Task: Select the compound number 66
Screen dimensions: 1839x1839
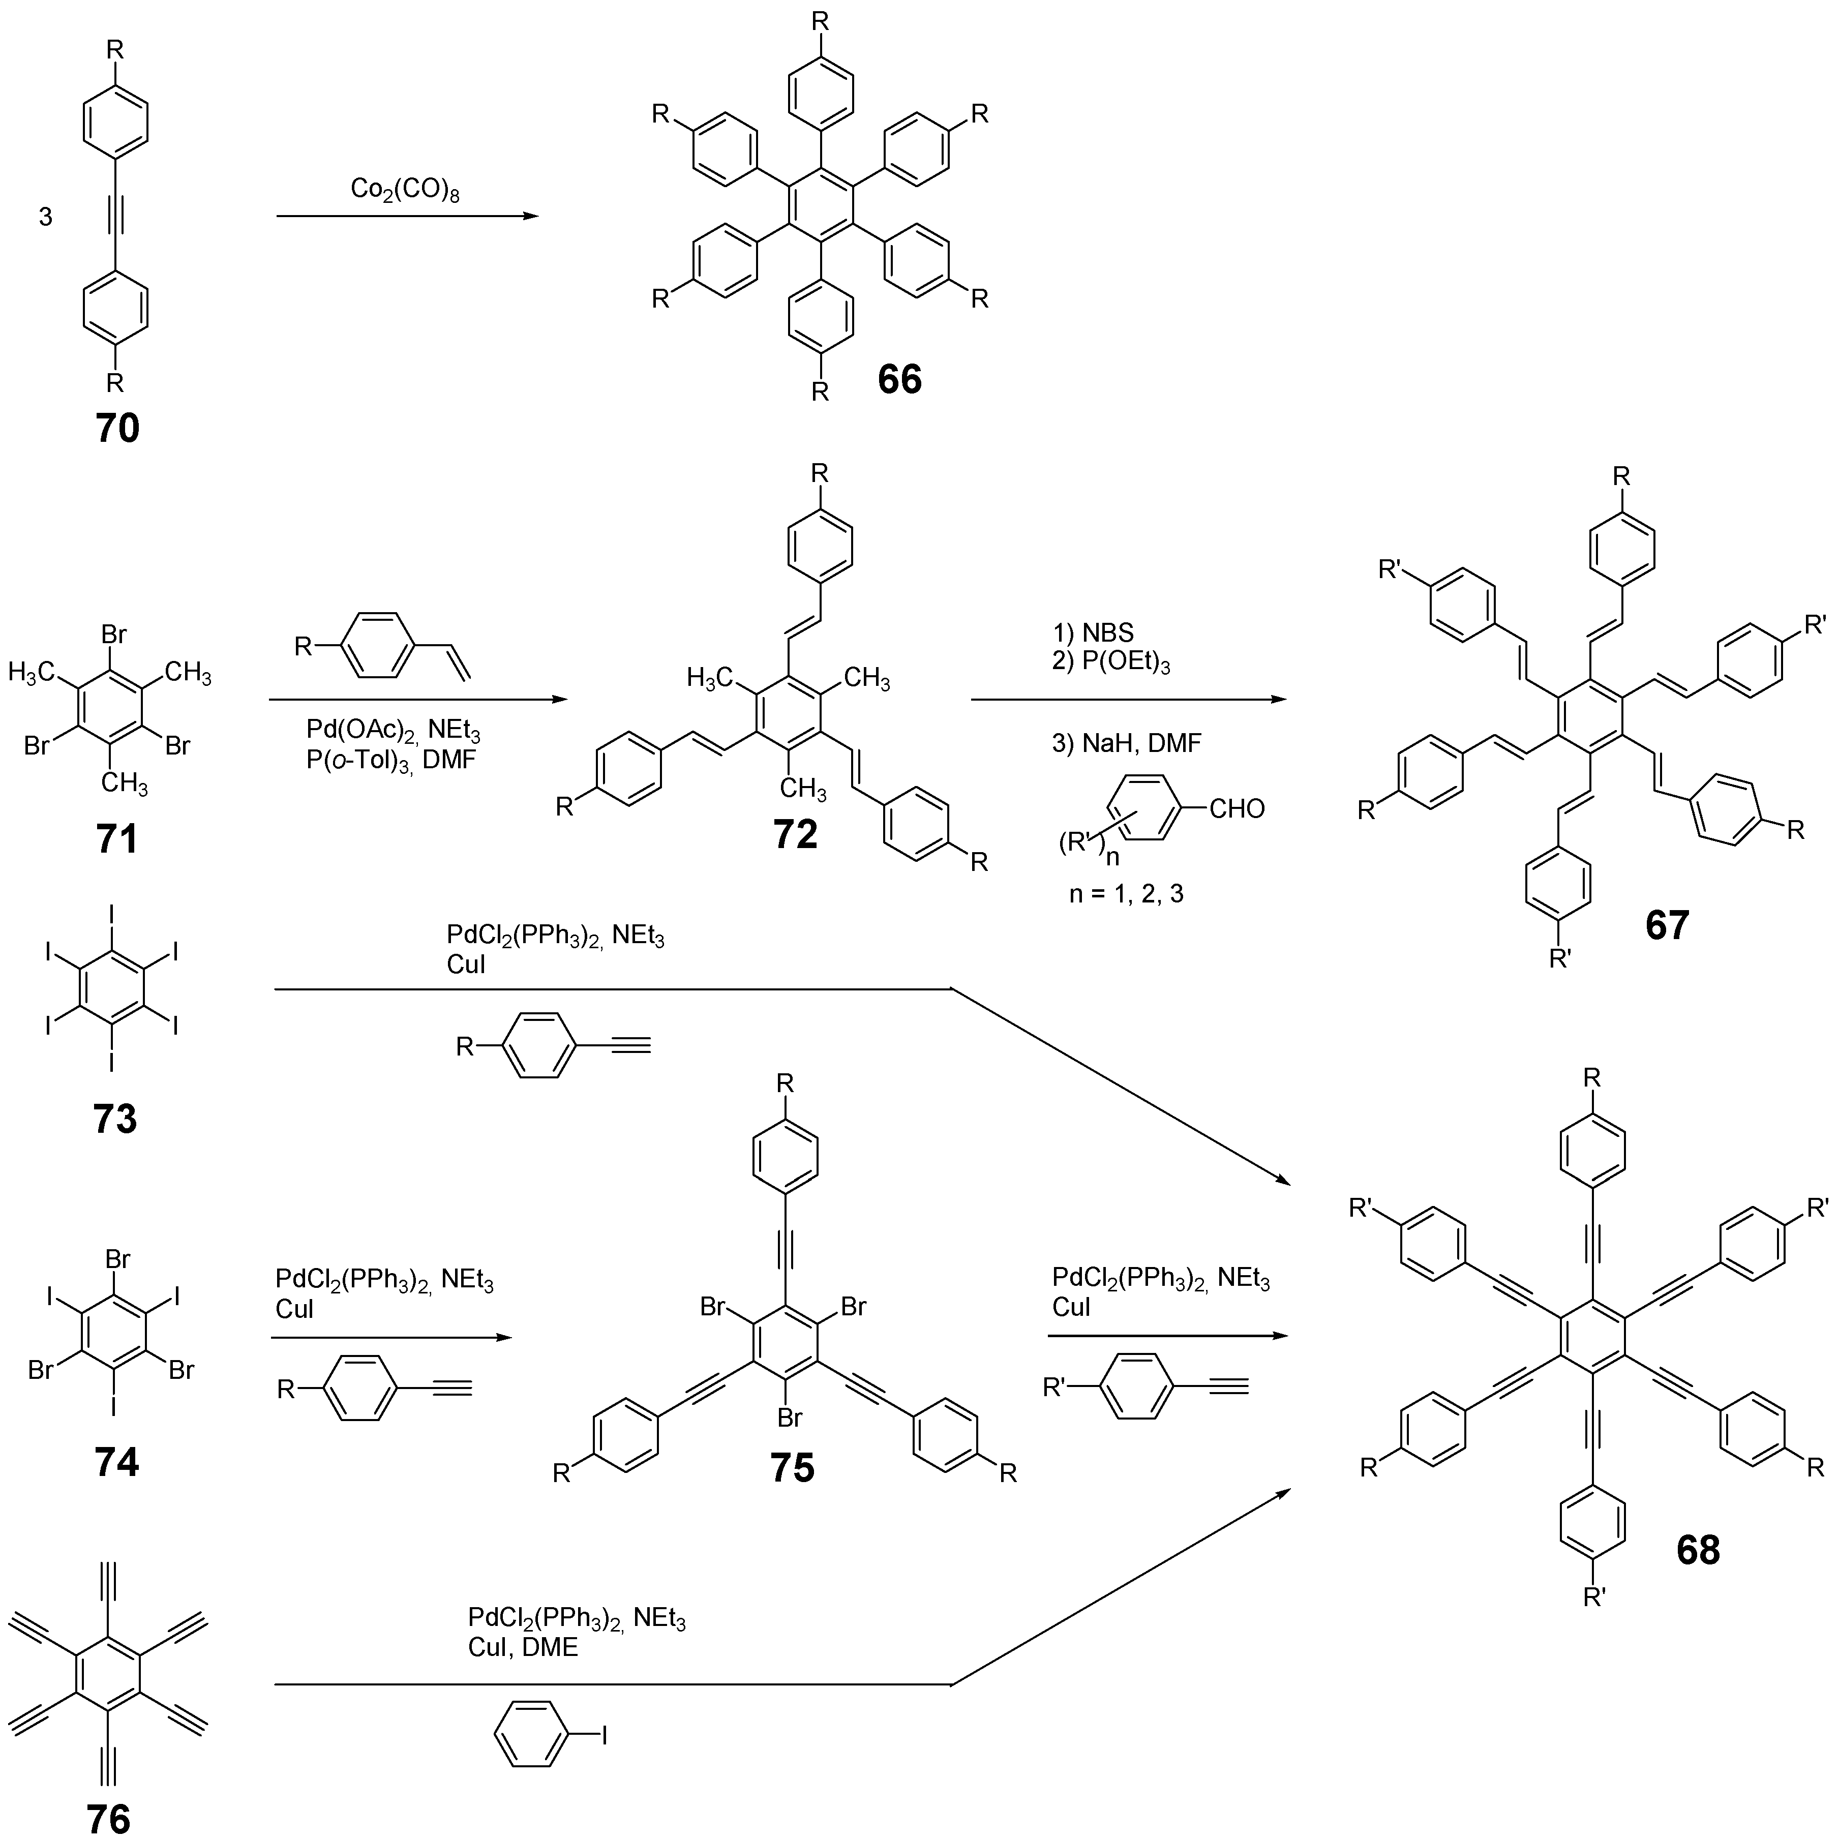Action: tap(899, 379)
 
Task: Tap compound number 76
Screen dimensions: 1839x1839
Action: tap(108, 1818)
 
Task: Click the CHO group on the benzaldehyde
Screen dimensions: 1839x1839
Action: tap(1237, 809)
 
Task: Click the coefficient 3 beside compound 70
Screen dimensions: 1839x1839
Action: tap(45, 217)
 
